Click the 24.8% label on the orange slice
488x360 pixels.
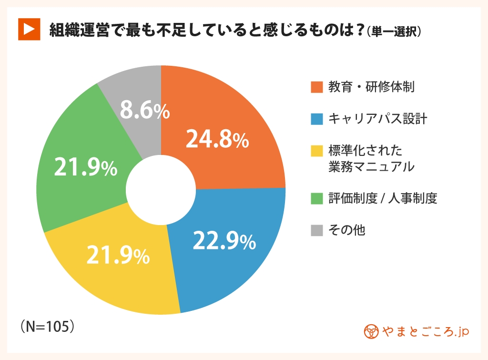tap(217, 140)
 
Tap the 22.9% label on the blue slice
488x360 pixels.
tap(224, 241)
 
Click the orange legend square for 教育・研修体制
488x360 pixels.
tap(317, 88)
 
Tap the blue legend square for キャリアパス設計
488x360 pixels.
tap(317, 119)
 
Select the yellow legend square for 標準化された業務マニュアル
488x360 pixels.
tap(317, 151)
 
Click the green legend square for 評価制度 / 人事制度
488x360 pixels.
tap(317, 198)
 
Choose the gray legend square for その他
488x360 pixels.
tap(317, 230)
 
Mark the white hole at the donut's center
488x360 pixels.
tap(161, 189)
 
